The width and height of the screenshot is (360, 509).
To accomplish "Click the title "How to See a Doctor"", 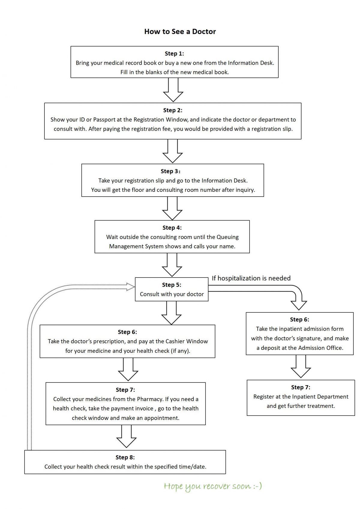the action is (x=180, y=31).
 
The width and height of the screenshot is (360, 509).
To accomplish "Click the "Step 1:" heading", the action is (x=174, y=54).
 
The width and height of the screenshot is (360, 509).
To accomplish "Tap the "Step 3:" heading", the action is (x=170, y=171).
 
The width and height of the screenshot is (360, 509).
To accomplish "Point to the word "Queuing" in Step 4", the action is (x=227, y=237).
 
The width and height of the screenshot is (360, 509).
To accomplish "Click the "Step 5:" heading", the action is (x=172, y=285).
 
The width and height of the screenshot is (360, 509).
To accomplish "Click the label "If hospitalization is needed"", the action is (x=251, y=278).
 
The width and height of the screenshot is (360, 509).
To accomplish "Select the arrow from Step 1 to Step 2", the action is (x=173, y=90).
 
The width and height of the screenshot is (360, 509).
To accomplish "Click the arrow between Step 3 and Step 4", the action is (x=172, y=208).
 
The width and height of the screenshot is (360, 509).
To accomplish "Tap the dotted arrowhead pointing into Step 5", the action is (x=131, y=287).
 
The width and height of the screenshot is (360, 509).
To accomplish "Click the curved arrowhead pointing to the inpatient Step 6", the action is (x=299, y=305).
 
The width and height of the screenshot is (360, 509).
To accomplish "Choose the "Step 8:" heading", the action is (x=125, y=457).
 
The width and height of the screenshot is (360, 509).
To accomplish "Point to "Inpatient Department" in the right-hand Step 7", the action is (x=320, y=397).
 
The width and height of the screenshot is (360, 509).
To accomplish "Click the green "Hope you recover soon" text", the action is (x=213, y=486).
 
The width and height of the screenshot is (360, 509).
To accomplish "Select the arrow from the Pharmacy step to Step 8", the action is (x=126, y=436).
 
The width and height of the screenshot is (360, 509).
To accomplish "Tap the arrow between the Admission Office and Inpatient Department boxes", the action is (x=301, y=366).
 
